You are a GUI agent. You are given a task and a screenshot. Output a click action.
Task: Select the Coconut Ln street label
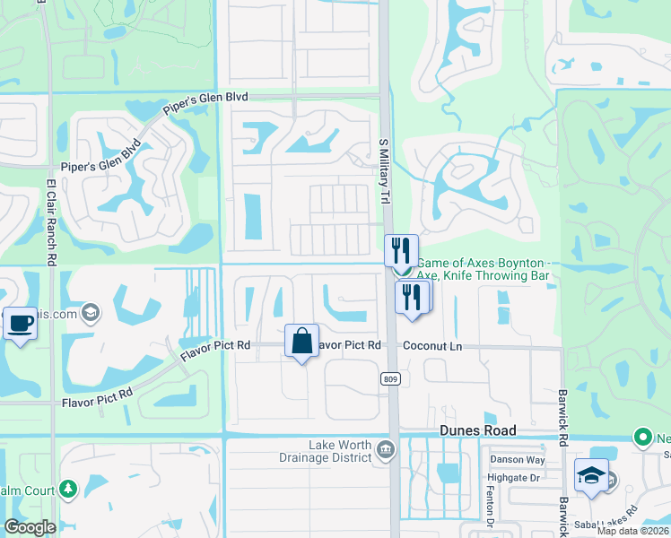point(432,344)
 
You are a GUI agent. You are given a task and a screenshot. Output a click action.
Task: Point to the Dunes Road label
point(476,430)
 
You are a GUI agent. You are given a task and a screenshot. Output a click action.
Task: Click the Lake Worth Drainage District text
point(340,451)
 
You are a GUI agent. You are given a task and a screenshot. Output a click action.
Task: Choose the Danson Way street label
point(517,459)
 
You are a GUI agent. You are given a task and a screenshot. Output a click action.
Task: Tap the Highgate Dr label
point(514,478)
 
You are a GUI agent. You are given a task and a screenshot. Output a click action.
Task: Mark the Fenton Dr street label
point(492,510)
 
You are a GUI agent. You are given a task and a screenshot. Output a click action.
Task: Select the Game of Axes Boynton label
point(481,263)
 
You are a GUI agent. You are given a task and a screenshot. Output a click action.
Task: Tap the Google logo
point(30,527)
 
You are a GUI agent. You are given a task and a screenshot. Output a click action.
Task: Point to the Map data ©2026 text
point(632,531)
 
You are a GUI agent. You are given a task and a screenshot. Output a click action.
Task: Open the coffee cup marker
point(20,322)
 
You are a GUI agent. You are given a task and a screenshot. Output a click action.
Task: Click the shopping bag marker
point(301,341)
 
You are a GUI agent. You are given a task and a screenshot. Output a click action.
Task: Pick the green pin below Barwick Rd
point(642,438)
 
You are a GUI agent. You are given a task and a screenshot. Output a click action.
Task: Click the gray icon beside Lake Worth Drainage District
point(385,448)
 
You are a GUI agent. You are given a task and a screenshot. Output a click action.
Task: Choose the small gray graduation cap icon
point(89,312)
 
